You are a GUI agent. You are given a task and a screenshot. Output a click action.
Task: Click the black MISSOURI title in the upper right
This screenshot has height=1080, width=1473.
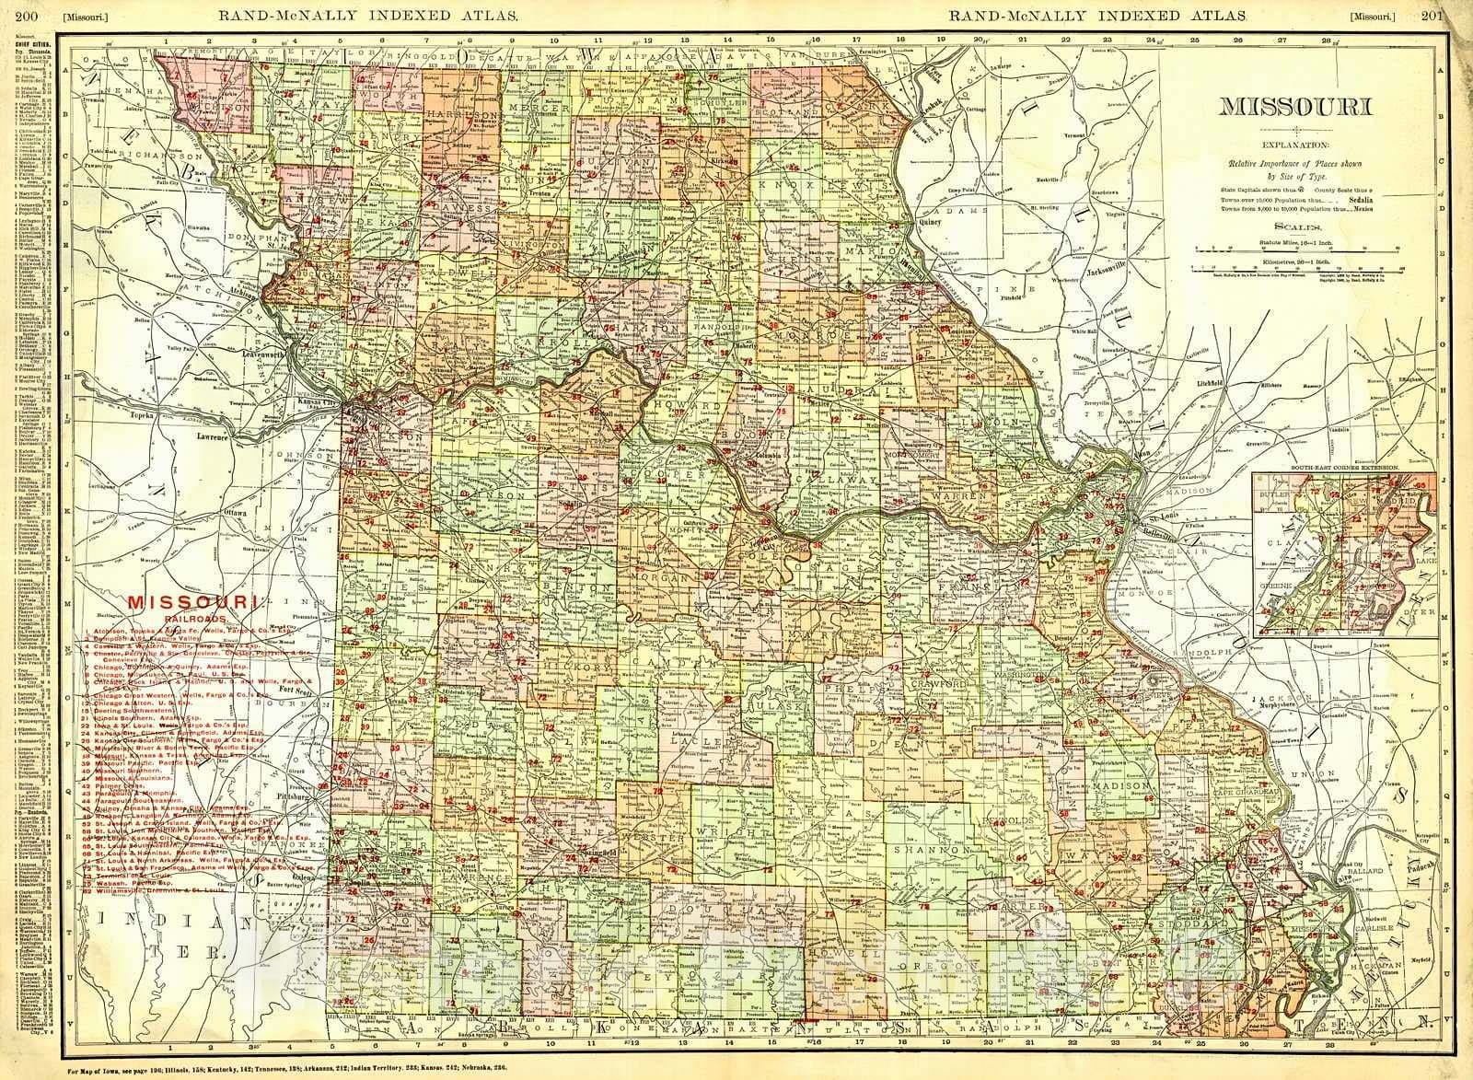tap(1294, 107)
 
